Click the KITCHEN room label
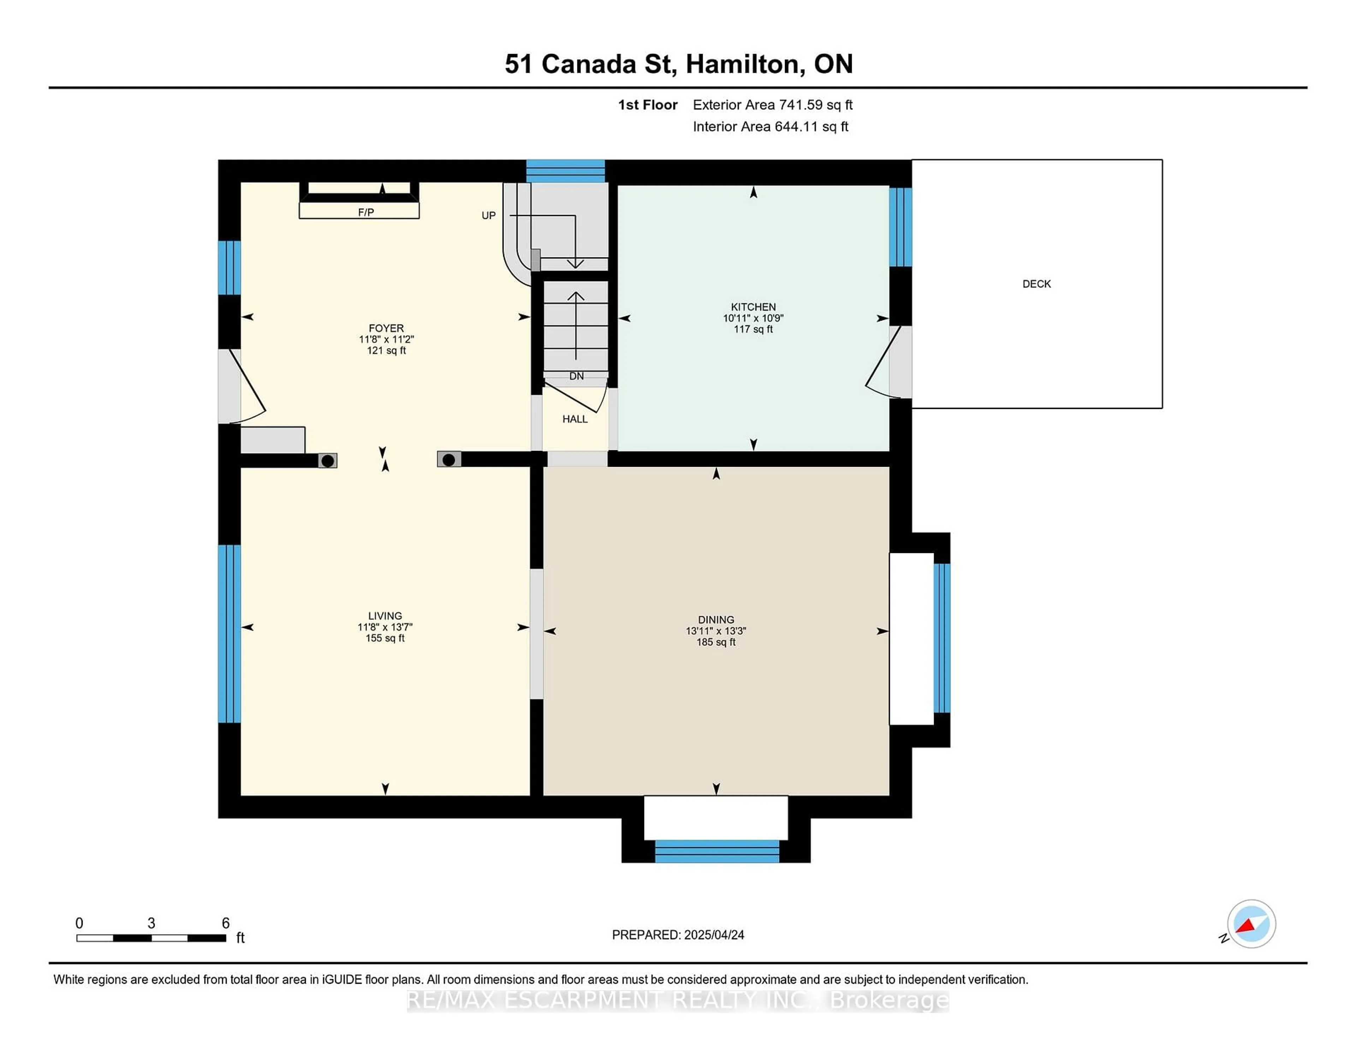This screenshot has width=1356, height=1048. point(753,307)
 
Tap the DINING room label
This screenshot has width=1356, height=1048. point(716,620)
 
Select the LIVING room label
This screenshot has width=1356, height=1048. point(385,616)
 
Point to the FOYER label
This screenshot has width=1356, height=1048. point(386,328)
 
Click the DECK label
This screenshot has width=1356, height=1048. point(1037,284)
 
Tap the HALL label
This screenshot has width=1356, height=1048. point(575,419)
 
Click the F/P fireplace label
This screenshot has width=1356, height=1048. point(366,212)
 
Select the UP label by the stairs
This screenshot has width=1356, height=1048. point(489,215)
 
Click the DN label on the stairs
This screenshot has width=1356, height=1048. point(576,376)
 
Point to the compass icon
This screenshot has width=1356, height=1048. point(1251,924)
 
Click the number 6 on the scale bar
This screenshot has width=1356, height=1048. point(226,923)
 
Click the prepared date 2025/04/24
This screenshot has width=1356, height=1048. point(714,935)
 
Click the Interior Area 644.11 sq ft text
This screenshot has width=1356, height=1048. point(771,127)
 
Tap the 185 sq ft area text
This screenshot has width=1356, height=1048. point(716,642)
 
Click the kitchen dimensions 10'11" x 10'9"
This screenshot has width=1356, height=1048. point(753,318)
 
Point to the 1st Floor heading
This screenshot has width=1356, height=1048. point(648,105)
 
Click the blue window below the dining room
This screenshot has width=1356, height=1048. point(717,851)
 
